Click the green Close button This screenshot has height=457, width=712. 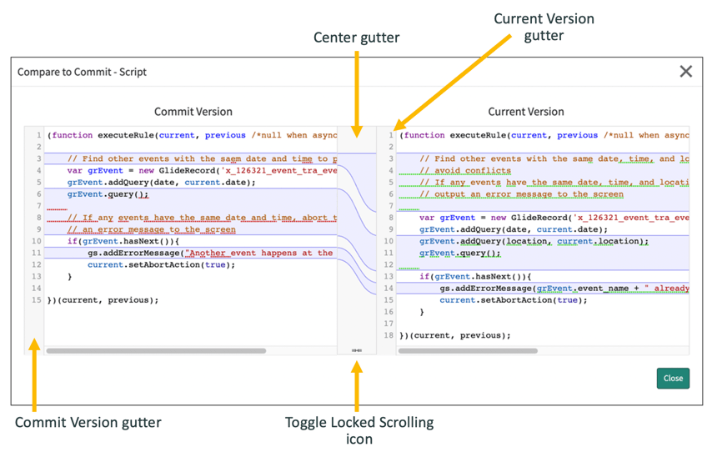coord(672,378)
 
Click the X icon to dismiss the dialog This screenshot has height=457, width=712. coord(685,72)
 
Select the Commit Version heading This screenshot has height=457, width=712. coord(193,112)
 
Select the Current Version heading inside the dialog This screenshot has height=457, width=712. coord(525,112)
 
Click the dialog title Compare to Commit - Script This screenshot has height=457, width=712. coord(82,73)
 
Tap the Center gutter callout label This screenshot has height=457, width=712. coord(356,38)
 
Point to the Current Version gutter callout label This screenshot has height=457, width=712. coord(544,27)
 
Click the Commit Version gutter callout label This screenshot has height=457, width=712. coord(88,422)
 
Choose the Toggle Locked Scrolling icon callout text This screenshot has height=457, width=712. coord(359,430)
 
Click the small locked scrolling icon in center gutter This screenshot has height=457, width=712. coord(357,351)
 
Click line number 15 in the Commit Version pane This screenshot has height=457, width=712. coord(36,300)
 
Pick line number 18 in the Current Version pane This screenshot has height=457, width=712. coord(388,335)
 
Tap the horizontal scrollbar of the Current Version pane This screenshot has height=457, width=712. coord(468,351)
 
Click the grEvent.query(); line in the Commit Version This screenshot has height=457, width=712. coord(108,194)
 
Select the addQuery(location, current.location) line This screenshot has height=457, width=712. coord(534,241)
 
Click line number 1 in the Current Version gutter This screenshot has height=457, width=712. coord(389,135)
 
